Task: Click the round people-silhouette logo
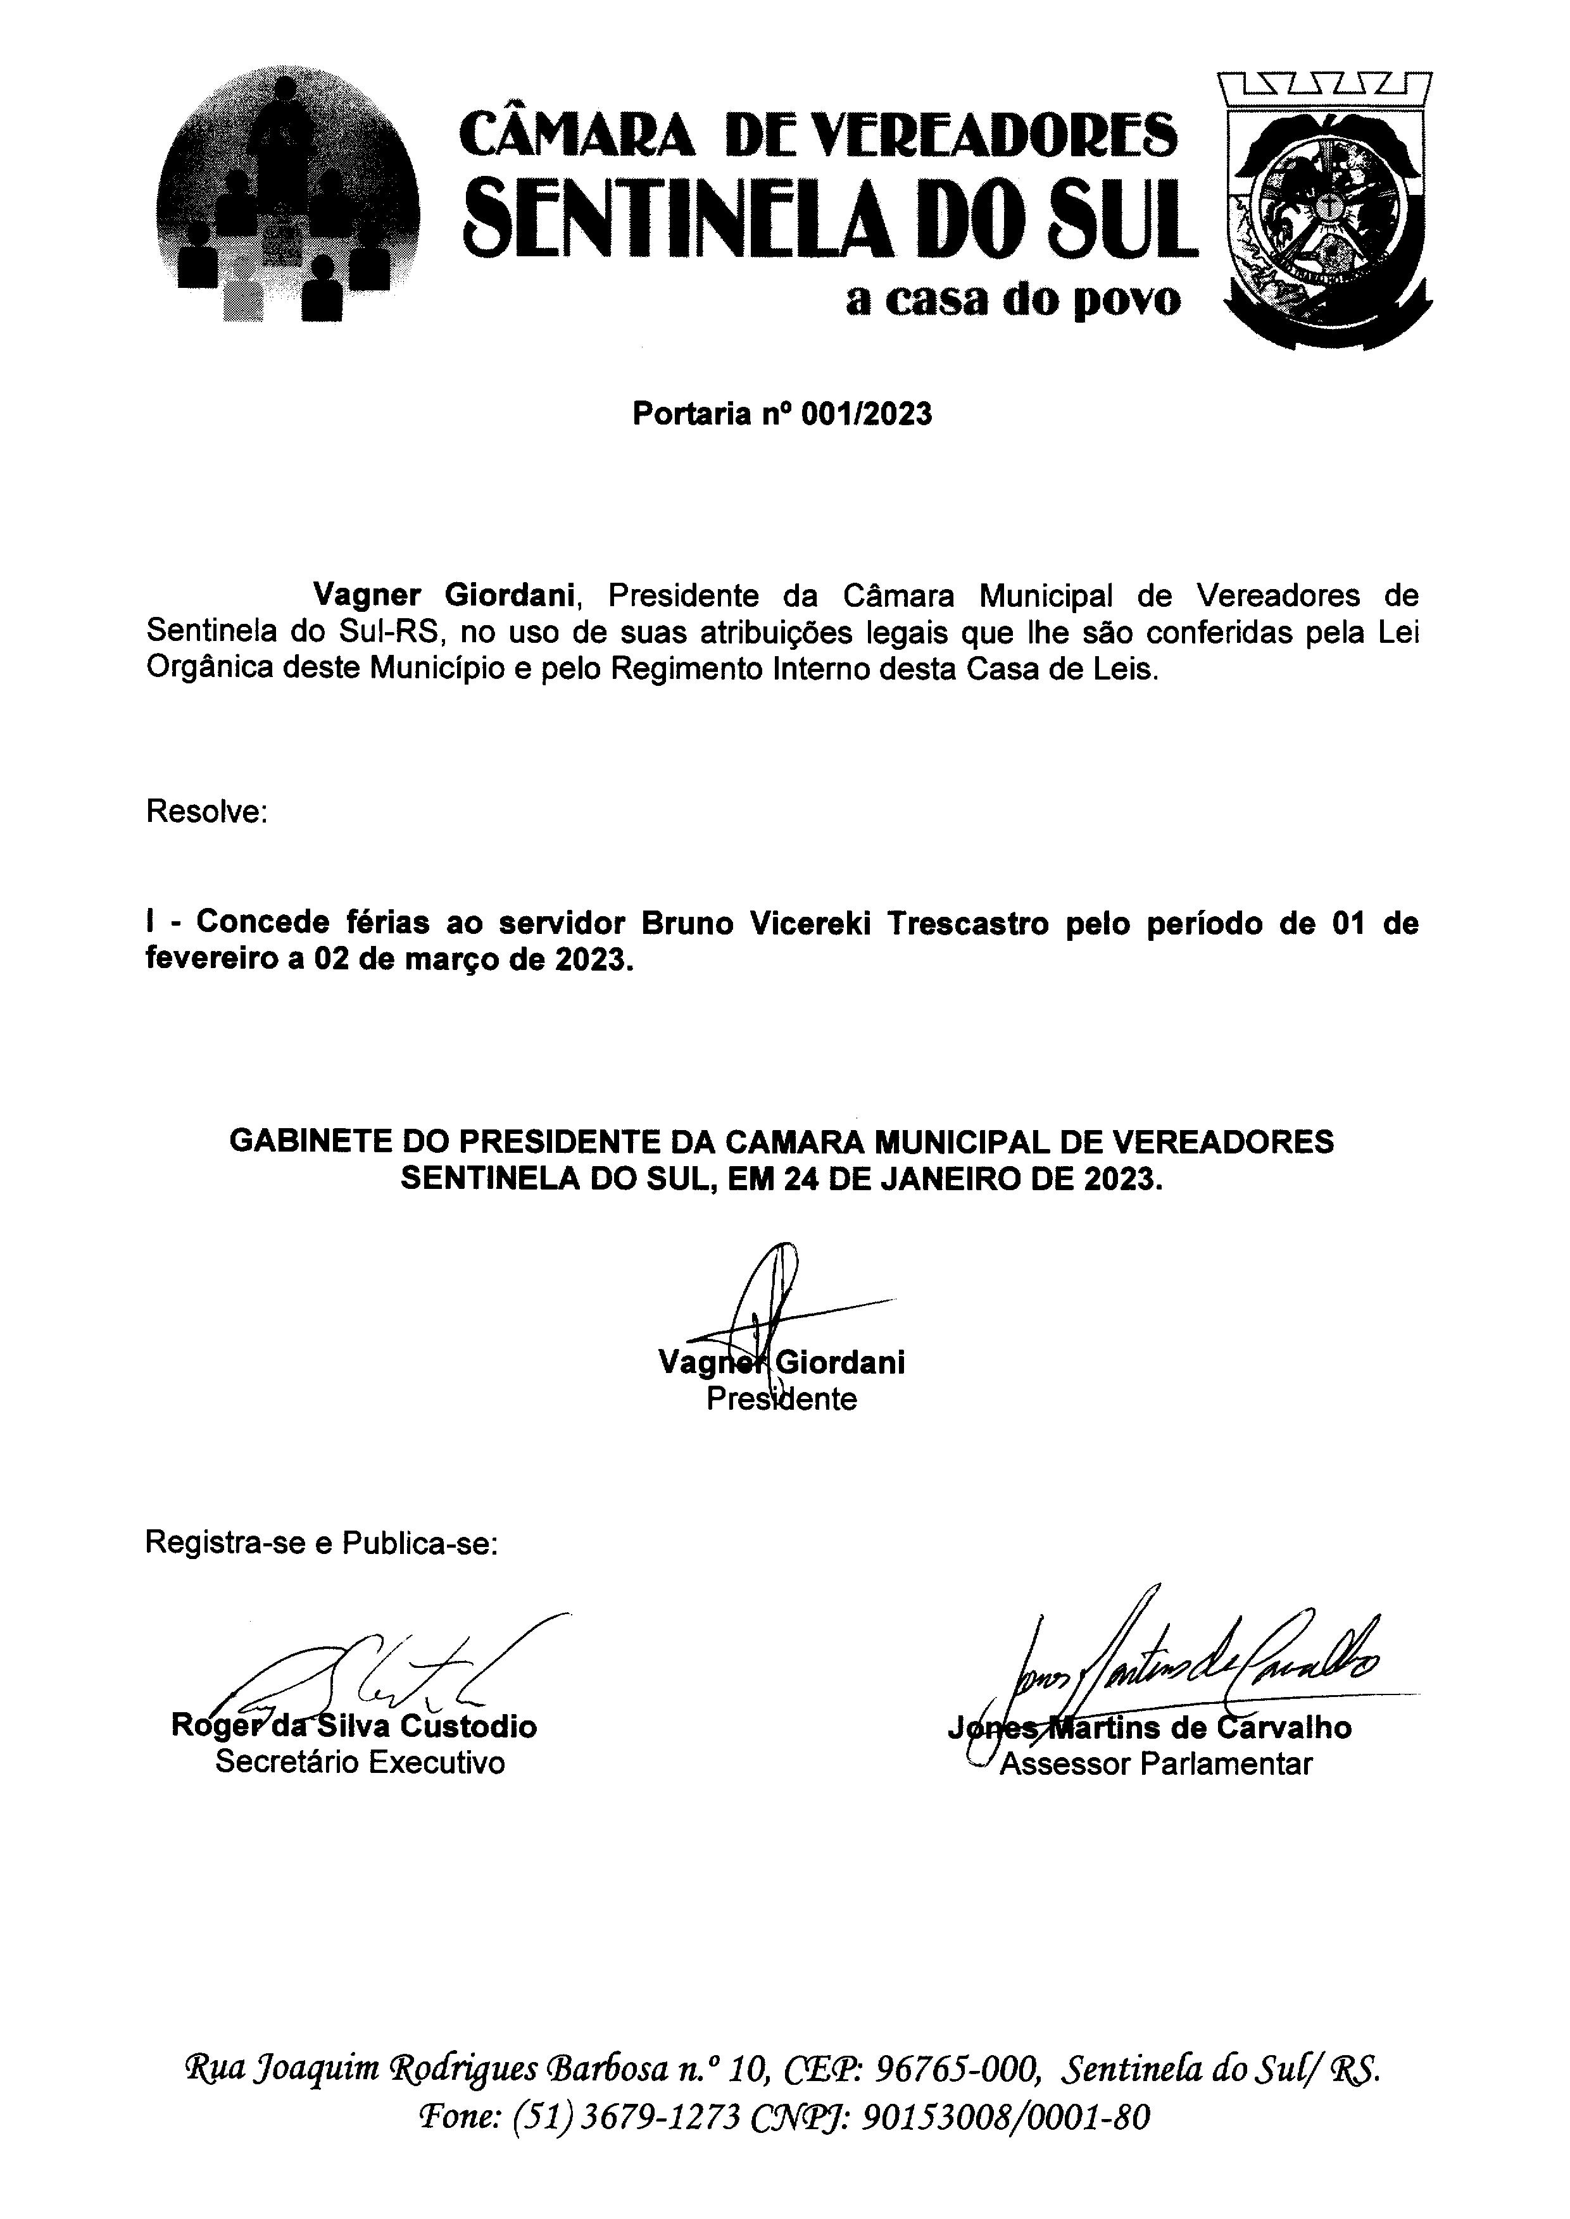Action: (x=287, y=193)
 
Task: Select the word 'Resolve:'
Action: (x=206, y=812)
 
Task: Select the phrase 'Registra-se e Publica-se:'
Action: (x=321, y=1543)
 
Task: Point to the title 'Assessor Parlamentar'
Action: (x=1155, y=1764)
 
